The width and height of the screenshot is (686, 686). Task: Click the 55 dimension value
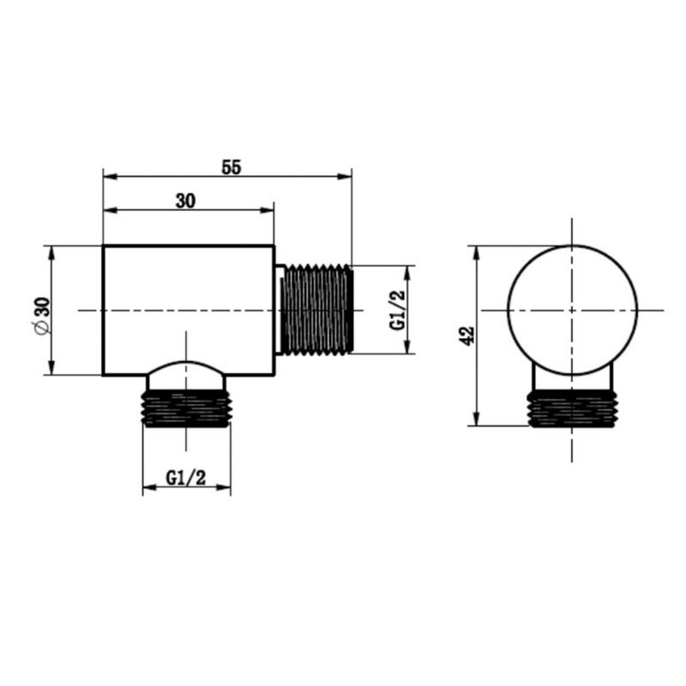[x=231, y=167]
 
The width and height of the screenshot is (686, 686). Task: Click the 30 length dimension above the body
[x=186, y=201]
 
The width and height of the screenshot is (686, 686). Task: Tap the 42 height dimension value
[x=466, y=335]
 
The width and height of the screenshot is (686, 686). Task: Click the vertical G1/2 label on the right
[x=397, y=310]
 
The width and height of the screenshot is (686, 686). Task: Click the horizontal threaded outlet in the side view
[x=318, y=310]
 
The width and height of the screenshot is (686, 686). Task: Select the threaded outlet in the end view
[x=572, y=409]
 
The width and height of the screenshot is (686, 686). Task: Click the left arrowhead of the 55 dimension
[x=108, y=177]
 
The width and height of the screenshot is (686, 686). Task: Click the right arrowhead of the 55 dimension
[x=346, y=177]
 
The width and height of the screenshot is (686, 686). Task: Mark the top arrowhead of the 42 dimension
[x=477, y=251]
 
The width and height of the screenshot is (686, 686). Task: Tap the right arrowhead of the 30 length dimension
[x=268, y=209]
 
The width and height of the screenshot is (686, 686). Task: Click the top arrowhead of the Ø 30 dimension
[x=51, y=251]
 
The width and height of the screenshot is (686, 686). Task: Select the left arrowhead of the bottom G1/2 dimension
[x=147, y=489]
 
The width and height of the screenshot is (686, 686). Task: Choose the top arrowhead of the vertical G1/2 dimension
[x=409, y=270]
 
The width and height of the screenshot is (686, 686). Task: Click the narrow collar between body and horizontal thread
[x=280, y=310]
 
